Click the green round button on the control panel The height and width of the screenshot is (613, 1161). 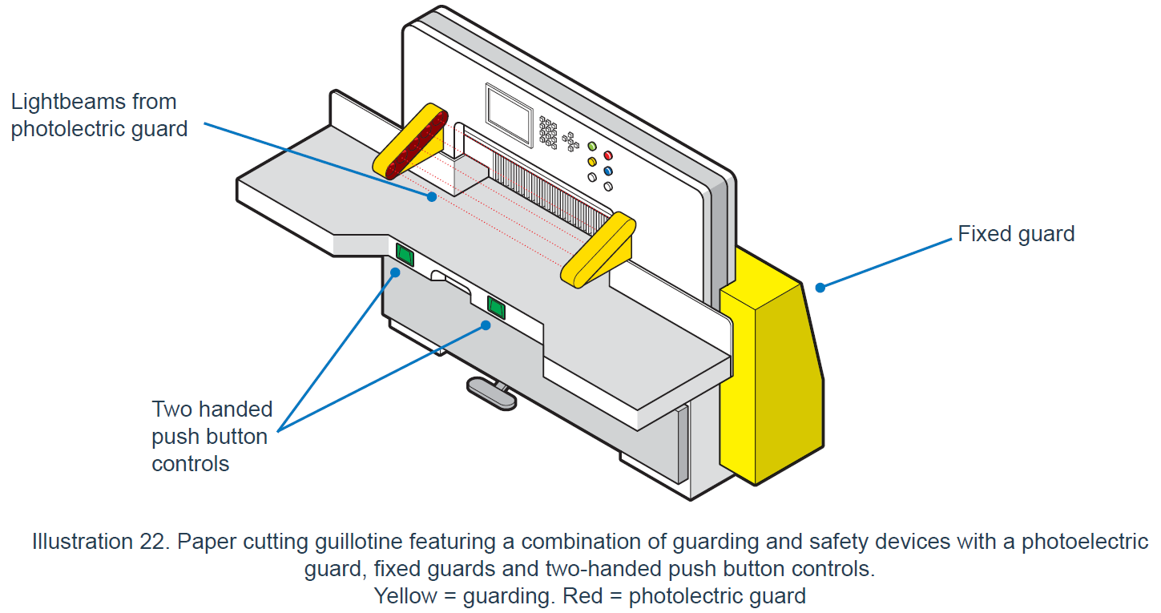(x=592, y=147)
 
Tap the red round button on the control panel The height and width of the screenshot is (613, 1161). (x=608, y=155)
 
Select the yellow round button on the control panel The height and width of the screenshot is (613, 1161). (x=592, y=162)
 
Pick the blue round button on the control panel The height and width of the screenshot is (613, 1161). (x=608, y=171)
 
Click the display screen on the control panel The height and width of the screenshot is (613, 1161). (x=509, y=115)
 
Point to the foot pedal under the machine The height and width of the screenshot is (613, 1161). (x=491, y=393)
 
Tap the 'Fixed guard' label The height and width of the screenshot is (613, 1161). (x=1016, y=234)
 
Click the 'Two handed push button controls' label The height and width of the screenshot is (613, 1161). (x=212, y=436)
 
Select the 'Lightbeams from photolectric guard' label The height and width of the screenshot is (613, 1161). (x=99, y=115)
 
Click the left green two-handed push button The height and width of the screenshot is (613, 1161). (x=405, y=255)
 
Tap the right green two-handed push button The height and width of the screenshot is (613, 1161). (x=497, y=306)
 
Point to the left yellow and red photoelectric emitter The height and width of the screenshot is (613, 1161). (x=411, y=141)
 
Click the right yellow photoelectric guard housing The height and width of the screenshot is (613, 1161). (x=598, y=249)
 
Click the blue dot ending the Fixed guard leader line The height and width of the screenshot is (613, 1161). (x=819, y=286)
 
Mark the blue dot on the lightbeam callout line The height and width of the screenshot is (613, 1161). (x=432, y=196)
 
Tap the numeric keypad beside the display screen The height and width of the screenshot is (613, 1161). (x=548, y=131)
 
